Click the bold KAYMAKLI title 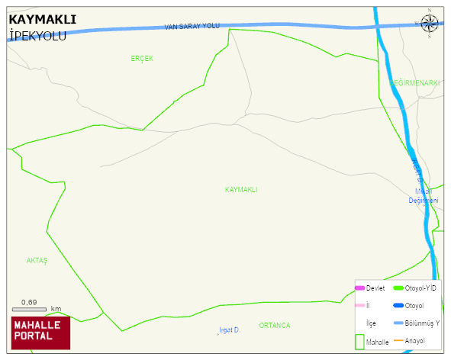42,20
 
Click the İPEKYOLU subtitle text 39,36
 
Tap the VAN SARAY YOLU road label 192,27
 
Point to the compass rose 430,24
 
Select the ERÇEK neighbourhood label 142,59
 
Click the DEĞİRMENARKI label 414,82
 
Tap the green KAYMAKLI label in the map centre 241,189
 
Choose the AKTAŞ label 37,260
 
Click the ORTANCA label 274,326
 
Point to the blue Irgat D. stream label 230,329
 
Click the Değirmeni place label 423,201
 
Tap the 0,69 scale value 30,303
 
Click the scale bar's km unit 56,309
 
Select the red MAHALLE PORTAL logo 40,333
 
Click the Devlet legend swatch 359,288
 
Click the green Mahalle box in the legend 360,342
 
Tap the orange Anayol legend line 398,340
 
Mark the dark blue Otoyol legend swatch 398,306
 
